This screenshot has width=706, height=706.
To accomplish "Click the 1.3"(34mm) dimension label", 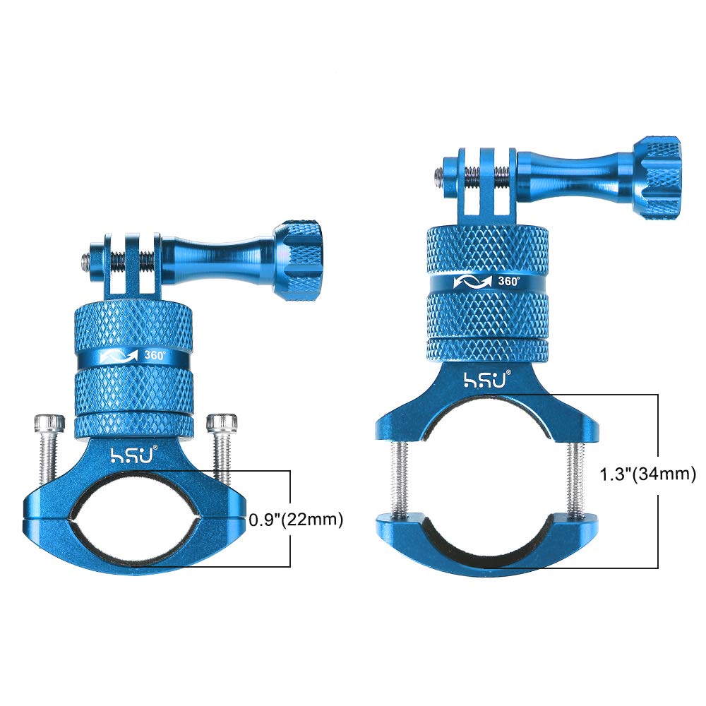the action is coord(648,474).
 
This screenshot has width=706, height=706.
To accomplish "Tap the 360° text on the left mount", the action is coord(155,355).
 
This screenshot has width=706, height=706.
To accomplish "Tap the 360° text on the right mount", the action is coord(508,281).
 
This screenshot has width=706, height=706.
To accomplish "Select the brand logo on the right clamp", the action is coord(488,379).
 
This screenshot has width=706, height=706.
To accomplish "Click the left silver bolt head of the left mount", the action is coord(49,423).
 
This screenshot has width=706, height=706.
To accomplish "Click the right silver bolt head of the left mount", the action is coord(222,423).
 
